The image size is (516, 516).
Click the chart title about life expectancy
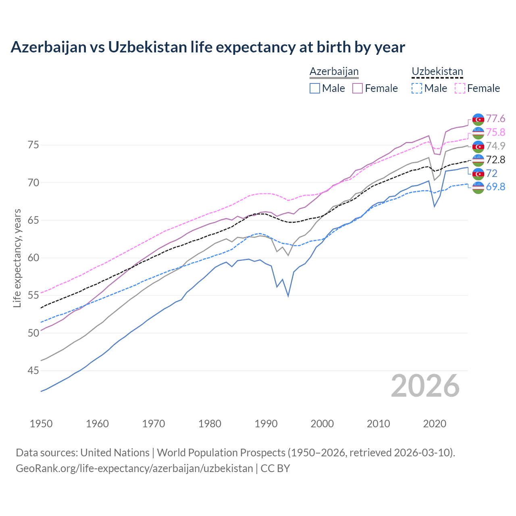pos(208,47)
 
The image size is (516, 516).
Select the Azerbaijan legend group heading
pos(334,72)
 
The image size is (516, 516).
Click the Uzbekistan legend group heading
pos(437,72)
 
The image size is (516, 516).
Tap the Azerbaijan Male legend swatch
pos(315,88)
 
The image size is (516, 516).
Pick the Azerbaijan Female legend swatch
pos(358,88)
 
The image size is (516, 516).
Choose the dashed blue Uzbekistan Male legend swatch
pos(417,88)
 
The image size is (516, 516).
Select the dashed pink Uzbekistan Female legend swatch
pos(460,88)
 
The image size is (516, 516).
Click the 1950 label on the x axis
pos(41,424)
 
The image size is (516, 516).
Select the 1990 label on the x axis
pos(266,424)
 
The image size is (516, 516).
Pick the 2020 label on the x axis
pos(435,424)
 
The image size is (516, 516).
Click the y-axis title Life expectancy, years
pos(17,258)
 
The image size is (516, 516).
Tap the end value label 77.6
pos(495,119)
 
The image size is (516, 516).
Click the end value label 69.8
pos(495,187)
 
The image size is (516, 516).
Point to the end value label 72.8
pos(495,160)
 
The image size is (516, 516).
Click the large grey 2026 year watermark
pos(425,386)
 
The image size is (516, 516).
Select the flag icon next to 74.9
pos(478,146)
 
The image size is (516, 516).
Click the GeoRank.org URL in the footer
pos(134,468)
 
